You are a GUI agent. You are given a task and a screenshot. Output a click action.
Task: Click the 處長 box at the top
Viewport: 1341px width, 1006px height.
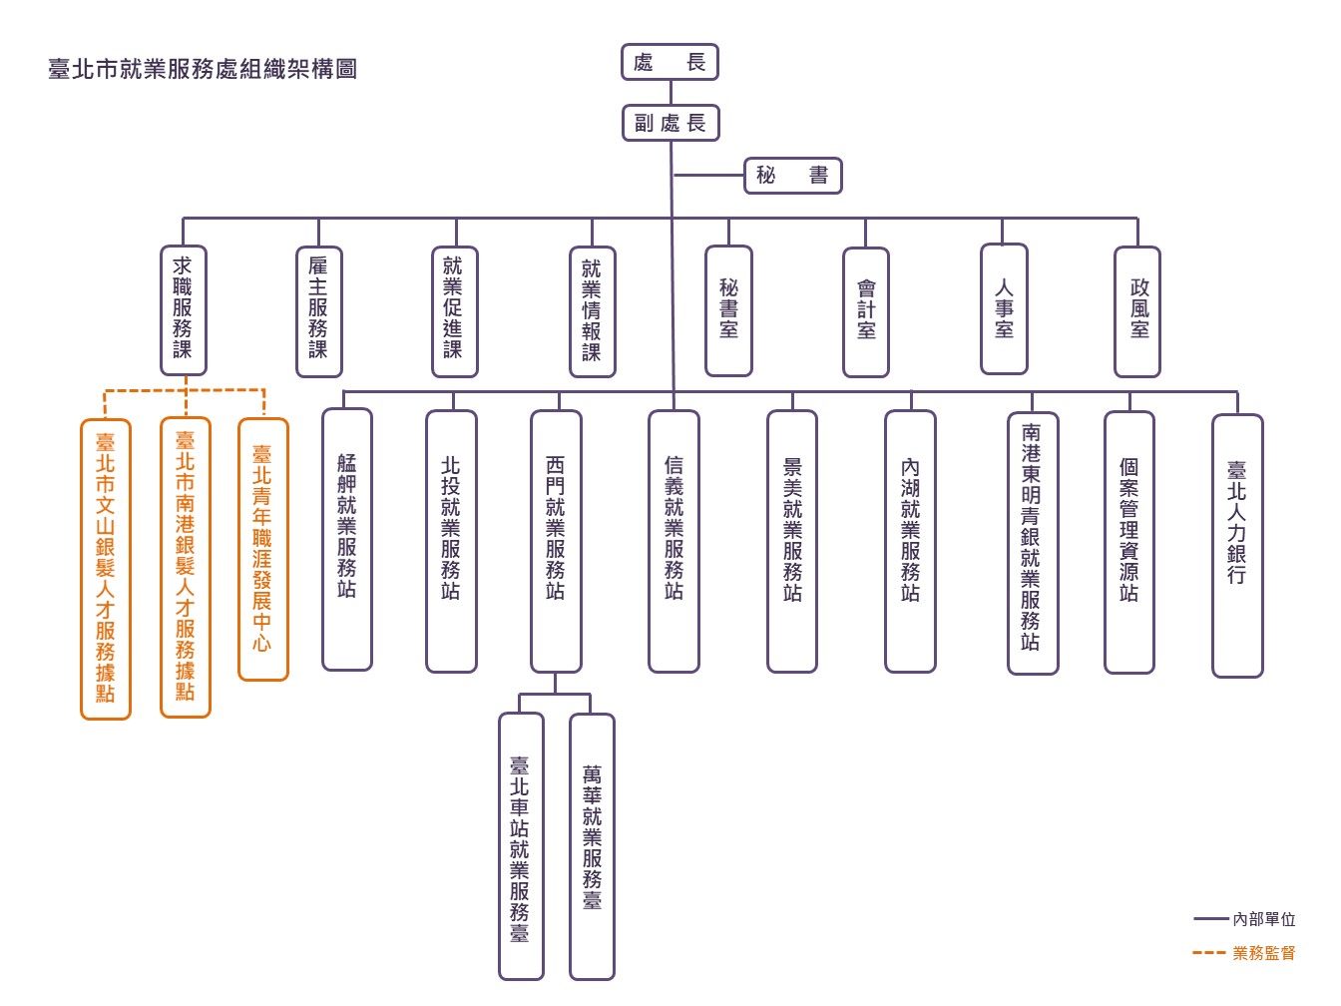pos(670,63)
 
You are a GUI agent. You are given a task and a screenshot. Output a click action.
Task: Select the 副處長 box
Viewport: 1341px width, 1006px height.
pos(670,124)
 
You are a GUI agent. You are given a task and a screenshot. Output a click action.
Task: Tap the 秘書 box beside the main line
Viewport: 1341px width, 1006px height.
pos(793,176)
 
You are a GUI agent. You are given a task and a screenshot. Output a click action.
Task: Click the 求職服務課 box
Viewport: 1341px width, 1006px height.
pos(183,309)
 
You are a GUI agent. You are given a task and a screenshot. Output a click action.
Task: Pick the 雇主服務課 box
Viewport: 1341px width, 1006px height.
pos(318,310)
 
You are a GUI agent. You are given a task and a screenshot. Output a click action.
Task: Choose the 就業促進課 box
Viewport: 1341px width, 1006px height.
pos(454,310)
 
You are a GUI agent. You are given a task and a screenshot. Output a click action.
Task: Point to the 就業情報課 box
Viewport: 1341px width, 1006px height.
pos(592,311)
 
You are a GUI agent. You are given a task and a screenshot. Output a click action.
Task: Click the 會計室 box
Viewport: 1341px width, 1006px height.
pos(865,311)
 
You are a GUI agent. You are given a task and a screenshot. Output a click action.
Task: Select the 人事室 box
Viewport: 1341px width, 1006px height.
pos(1003,309)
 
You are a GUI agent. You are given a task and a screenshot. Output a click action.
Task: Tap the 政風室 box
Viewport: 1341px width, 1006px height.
pos(1137,311)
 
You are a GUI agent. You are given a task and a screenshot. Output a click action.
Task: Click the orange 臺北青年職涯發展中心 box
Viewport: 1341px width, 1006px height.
pos(262,549)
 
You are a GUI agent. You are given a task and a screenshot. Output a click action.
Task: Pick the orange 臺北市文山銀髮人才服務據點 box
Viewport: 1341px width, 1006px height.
pos(106,568)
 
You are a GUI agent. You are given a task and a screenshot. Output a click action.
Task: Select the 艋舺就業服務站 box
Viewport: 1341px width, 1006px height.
pos(346,539)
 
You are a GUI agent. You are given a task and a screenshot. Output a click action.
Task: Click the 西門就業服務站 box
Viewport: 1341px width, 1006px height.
pos(556,541)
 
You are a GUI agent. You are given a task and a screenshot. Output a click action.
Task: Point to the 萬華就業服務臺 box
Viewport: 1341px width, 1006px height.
pos(592,846)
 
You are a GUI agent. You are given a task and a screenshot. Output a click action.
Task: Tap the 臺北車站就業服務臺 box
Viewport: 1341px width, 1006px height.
pos(521,846)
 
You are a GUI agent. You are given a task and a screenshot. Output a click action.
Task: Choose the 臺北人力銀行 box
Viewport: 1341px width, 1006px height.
pos(1237,545)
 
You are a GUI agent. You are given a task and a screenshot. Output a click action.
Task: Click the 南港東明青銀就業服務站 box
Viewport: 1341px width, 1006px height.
pos(1032,543)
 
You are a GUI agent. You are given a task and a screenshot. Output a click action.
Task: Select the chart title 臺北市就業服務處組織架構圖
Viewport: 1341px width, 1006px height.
pos(203,70)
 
